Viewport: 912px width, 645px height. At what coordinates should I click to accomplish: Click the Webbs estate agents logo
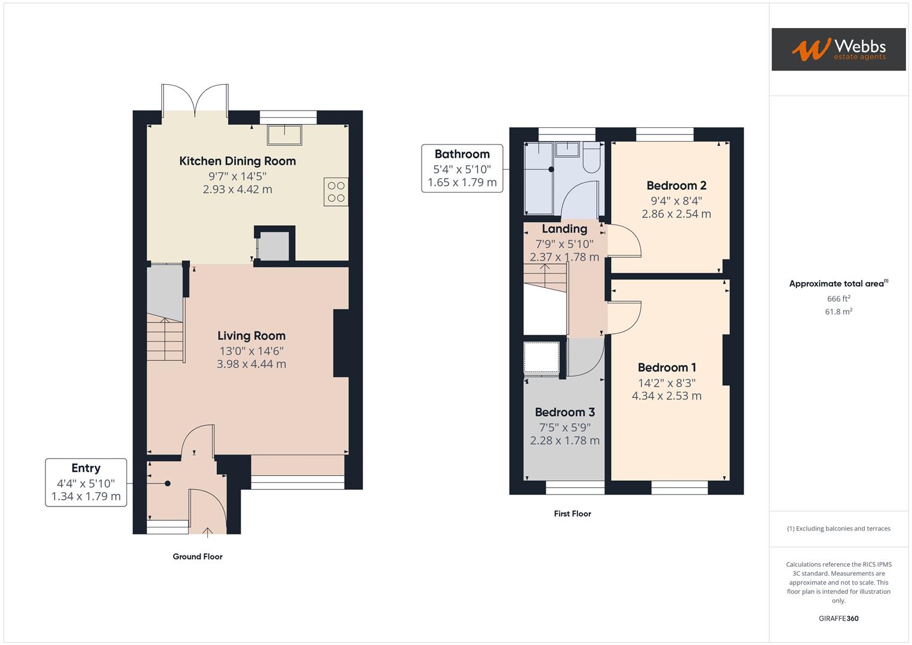tap(838, 49)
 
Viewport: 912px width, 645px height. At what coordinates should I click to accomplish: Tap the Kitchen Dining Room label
tap(237, 161)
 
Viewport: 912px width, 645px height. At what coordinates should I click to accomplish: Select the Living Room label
tap(251, 336)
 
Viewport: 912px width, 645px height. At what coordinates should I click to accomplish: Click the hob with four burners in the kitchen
tap(336, 192)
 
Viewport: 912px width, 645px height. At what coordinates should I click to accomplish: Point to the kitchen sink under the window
tap(284, 134)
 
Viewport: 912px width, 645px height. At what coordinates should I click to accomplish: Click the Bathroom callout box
tap(462, 168)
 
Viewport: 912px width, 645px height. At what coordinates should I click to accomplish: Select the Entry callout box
tap(86, 482)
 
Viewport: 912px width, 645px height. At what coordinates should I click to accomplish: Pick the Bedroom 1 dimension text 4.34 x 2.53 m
tap(667, 396)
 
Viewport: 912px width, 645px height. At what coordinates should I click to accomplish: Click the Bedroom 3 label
tap(564, 412)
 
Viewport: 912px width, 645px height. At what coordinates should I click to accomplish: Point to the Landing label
tap(564, 229)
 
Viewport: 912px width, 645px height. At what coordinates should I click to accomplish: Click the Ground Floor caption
tap(197, 557)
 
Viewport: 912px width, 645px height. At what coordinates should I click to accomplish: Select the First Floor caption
tap(572, 514)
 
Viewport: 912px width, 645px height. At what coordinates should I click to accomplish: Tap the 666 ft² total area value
tap(838, 299)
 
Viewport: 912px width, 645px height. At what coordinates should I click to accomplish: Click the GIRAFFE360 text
tap(838, 618)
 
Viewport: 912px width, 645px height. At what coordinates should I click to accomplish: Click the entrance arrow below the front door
tap(208, 532)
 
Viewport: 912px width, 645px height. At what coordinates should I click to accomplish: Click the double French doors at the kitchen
tap(195, 98)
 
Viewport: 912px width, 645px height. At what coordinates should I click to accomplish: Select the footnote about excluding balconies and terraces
tap(838, 529)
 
